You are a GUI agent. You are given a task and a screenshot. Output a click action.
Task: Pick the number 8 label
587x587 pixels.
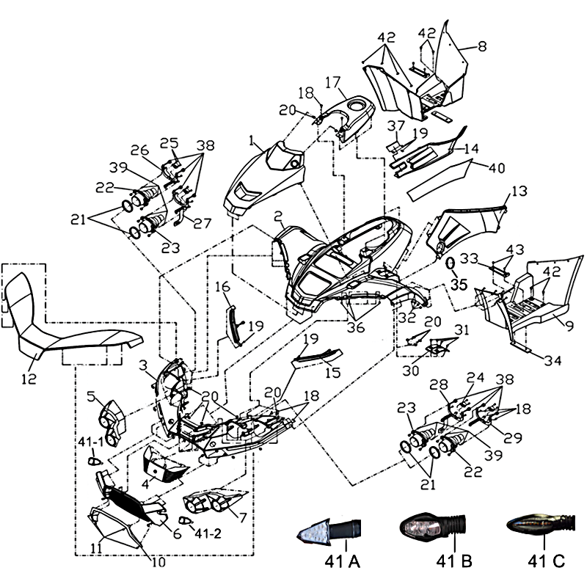point(482,46)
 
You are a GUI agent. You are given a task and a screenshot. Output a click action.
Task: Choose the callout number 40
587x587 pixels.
point(497,167)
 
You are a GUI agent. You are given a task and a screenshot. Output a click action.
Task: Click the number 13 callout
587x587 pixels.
point(518,192)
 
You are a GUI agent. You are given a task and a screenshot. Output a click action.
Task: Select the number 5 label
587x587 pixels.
point(91,397)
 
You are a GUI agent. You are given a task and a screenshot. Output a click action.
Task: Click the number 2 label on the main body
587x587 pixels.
point(279,217)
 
